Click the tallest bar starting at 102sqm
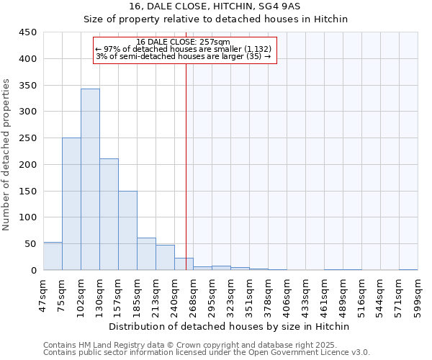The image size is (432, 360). (x=90, y=179)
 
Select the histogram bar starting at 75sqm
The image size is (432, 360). (x=71, y=204)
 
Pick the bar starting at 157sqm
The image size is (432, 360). (x=127, y=230)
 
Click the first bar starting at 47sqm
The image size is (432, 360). (x=53, y=256)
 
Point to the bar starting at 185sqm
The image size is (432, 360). (x=146, y=254)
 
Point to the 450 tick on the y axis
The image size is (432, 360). (x=27, y=32)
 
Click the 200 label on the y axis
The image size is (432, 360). (x=27, y=165)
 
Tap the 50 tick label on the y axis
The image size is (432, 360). (x=30, y=244)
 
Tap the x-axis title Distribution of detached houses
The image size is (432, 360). (x=230, y=326)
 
